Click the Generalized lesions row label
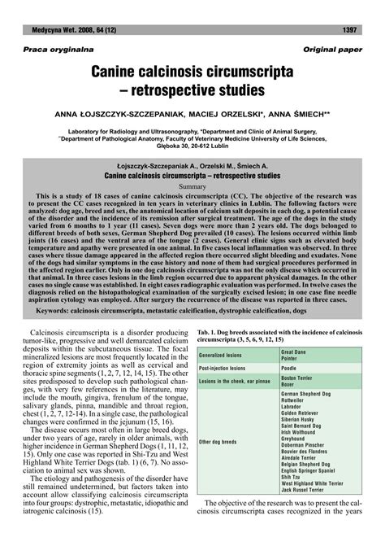[x=220, y=356]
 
